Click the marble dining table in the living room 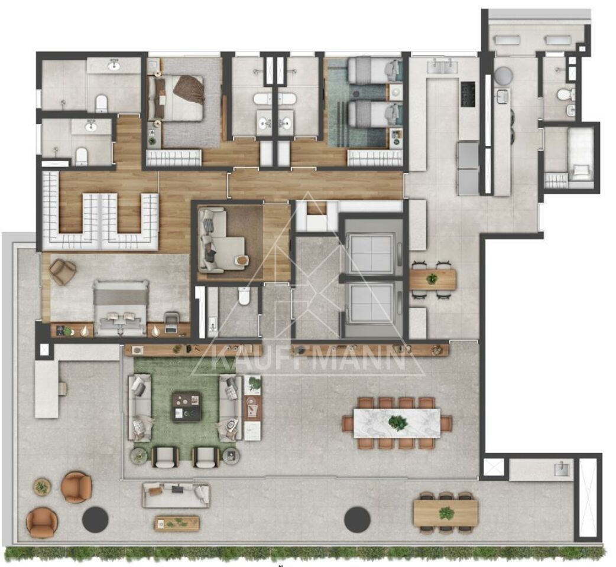(x=397, y=423)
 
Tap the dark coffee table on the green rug (x=187, y=408)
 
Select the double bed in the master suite (x=121, y=308)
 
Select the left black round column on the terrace (x=95, y=519)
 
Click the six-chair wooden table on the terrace (x=446, y=513)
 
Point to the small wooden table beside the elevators (x=433, y=279)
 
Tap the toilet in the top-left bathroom (x=102, y=103)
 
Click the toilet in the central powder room (x=244, y=296)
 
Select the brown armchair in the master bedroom (x=63, y=271)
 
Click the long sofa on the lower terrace (x=176, y=495)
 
